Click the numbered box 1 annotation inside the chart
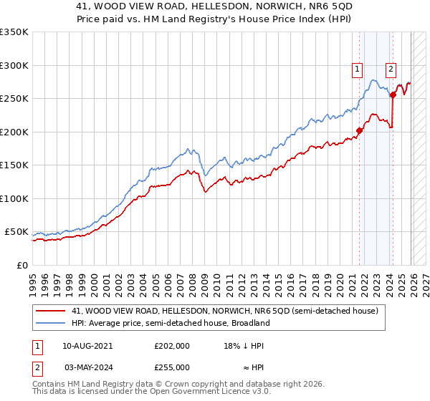tap(357, 69)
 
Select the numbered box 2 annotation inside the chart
tap(391, 69)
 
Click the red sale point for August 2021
tap(360, 130)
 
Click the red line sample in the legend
tap(52, 311)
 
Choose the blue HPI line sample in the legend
tap(52, 323)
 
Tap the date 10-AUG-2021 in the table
tap(87, 345)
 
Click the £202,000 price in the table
tap(171, 345)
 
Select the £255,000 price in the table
tap(171, 367)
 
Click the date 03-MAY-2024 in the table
tap(87, 367)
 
